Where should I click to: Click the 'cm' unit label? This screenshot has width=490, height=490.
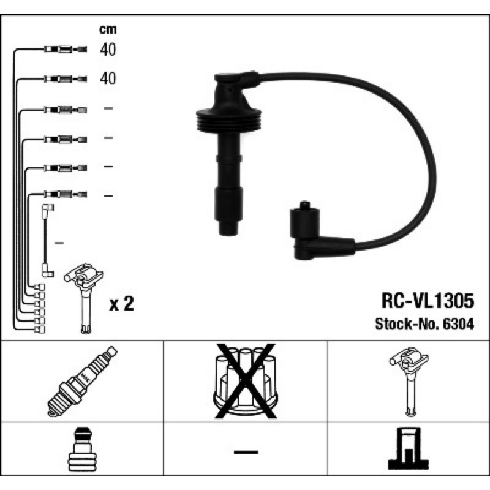click(x=108, y=29)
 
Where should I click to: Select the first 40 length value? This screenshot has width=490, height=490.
click(x=108, y=50)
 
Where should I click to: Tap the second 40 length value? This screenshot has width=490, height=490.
click(x=108, y=78)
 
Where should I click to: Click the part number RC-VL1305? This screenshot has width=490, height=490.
click(x=428, y=301)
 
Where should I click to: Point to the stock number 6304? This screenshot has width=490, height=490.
click(x=458, y=324)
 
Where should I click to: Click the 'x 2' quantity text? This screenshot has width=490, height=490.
click(x=121, y=303)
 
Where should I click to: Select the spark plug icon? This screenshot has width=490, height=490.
click(x=82, y=381)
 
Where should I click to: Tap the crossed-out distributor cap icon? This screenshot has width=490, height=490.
click(x=246, y=381)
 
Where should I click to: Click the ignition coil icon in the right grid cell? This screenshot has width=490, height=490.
click(x=409, y=381)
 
